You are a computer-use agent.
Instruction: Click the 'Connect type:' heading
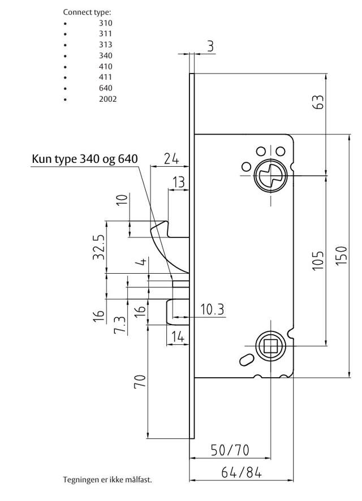tap(87, 12)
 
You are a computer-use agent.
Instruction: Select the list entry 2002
tap(107, 99)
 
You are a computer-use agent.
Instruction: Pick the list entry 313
tap(105, 45)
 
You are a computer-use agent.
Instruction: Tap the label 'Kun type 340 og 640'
tap(84, 159)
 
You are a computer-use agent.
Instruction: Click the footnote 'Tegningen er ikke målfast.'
tap(107, 480)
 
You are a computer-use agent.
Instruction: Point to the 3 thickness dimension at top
tap(210, 46)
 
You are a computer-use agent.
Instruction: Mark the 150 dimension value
tap(341, 257)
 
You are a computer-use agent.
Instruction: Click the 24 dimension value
tap(171, 158)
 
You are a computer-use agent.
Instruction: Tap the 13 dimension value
tap(178, 182)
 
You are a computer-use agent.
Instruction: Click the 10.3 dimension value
tap(212, 309)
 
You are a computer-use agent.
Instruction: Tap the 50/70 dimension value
tap(230, 450)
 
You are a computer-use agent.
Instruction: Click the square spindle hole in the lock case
tap(270, 346)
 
